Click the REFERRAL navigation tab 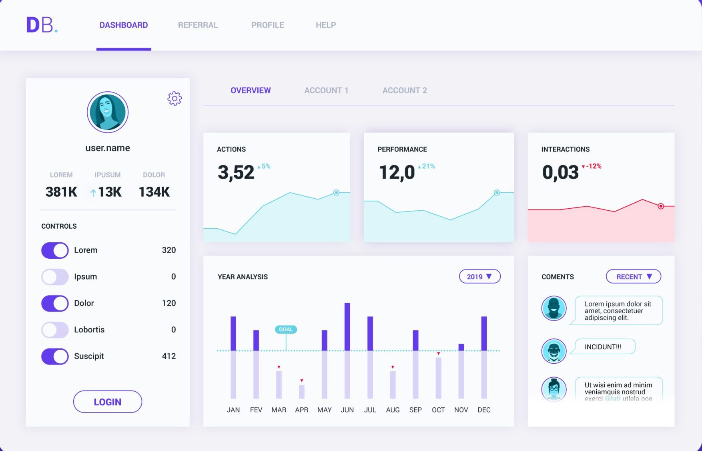click(198, 25)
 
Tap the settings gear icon click(174, 98)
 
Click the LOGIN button click(107, 402)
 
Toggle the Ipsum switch click(55, 277)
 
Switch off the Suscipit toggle click(55, 356)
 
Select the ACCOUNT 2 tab click(404, 91)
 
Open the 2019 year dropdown click(479, 277)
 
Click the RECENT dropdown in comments click(633, 277)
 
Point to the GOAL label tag click(286, 330)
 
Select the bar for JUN click(347, 350)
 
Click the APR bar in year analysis click(302, 391)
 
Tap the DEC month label click(483, 410)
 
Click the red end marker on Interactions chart click(661, 206)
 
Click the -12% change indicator click(592, 166)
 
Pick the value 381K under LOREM click(61, 192)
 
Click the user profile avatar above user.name click(107, 112)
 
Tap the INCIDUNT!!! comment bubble click(604, 347)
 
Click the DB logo click(42, 25)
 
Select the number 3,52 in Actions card click(236, 173)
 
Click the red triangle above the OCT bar click(439, 353)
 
